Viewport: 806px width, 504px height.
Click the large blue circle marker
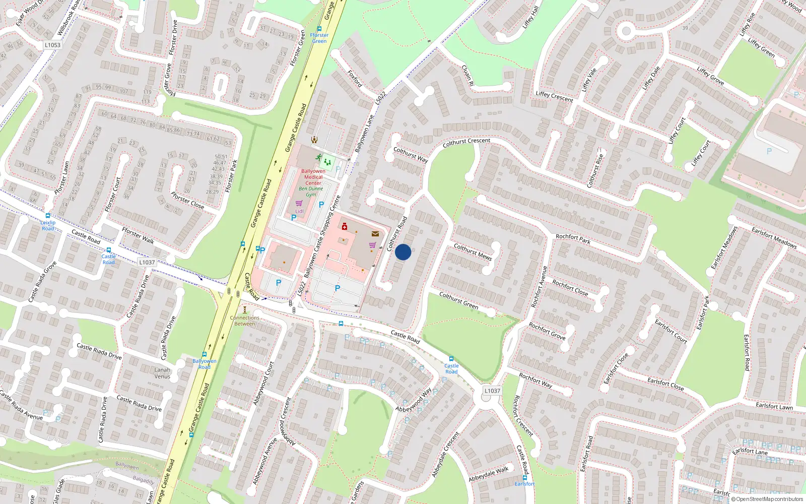(403, 252)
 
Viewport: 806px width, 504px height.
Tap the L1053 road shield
(52, 45)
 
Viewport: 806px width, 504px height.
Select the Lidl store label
(300, 211)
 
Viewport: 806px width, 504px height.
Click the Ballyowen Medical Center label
(313, 177)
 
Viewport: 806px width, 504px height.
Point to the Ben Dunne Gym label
(311, 192)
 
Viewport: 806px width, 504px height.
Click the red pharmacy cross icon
(345, 226)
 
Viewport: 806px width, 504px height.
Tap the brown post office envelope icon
(375, 234)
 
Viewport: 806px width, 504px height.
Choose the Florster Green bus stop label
(319, 38)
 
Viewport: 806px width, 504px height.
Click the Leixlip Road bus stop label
(48, 225)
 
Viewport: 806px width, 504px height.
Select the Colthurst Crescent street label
(466, 143)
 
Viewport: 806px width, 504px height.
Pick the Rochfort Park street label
(573, 239)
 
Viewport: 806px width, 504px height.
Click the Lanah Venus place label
(162, 373)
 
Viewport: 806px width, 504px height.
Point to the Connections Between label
(245, 321)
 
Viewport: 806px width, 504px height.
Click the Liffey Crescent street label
(554, 96)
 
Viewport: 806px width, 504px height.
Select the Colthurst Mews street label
(473, 251)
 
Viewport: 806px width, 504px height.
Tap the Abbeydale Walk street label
(489, 474)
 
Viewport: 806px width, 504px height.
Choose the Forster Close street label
(187, 200)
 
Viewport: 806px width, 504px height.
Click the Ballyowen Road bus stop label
(204, 364)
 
